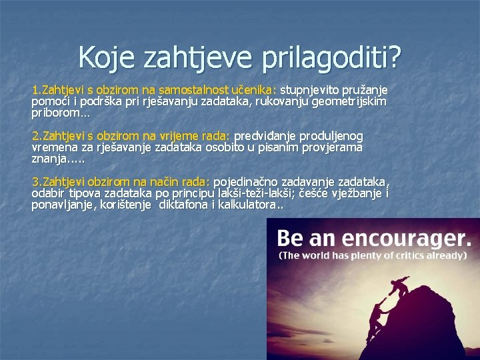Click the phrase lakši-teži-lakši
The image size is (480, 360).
click(254, 193)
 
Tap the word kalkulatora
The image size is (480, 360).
click(251, 205)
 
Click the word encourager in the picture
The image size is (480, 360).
click(401, 237)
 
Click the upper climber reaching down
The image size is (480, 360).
click(401, 285)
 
